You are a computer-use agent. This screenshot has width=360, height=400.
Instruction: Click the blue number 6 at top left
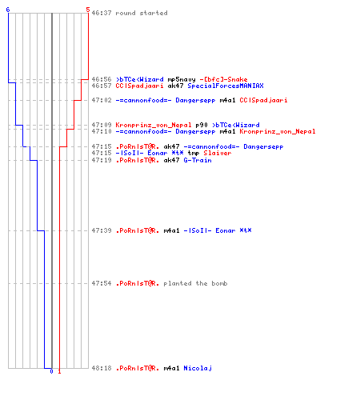[x=8, y=10]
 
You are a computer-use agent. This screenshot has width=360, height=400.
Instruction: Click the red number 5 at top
[x=88, y=10]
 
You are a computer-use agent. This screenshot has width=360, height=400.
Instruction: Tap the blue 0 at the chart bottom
[x=51, y=371]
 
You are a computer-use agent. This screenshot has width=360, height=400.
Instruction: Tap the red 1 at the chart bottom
[x=59, y=371]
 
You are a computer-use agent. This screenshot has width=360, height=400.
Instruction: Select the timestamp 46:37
[x=102, y=13]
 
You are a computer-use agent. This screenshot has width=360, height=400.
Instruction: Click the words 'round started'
[x=142, y=13]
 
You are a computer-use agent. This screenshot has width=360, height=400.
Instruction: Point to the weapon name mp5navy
[x=182, y=79]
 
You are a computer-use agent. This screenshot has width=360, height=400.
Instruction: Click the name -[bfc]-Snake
[x=223, y=79]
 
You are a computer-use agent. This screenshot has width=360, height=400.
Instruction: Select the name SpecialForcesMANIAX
[x=226, y=86]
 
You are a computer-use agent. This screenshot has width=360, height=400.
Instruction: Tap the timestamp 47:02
[x=102, y=100]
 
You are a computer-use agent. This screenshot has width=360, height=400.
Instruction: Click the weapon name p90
[x=202, y=125]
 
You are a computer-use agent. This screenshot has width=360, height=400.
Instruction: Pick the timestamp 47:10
[x=102, y=131]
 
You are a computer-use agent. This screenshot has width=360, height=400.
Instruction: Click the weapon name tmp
[x=194, y=153]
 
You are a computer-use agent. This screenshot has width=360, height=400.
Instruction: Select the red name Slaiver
[x=218, y=153]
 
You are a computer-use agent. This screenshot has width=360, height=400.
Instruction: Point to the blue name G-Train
[x=198, y=160]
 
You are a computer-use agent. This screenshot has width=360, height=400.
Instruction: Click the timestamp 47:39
[x=102, y=230]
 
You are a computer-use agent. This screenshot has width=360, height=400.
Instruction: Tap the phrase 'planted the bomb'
[x=195, y=283]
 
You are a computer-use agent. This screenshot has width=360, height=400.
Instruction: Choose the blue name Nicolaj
[x=198, y=368]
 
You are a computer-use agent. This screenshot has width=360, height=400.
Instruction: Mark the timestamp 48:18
[x=102, y=368]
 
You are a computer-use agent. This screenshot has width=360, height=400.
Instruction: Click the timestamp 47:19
[x=102, y=160]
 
